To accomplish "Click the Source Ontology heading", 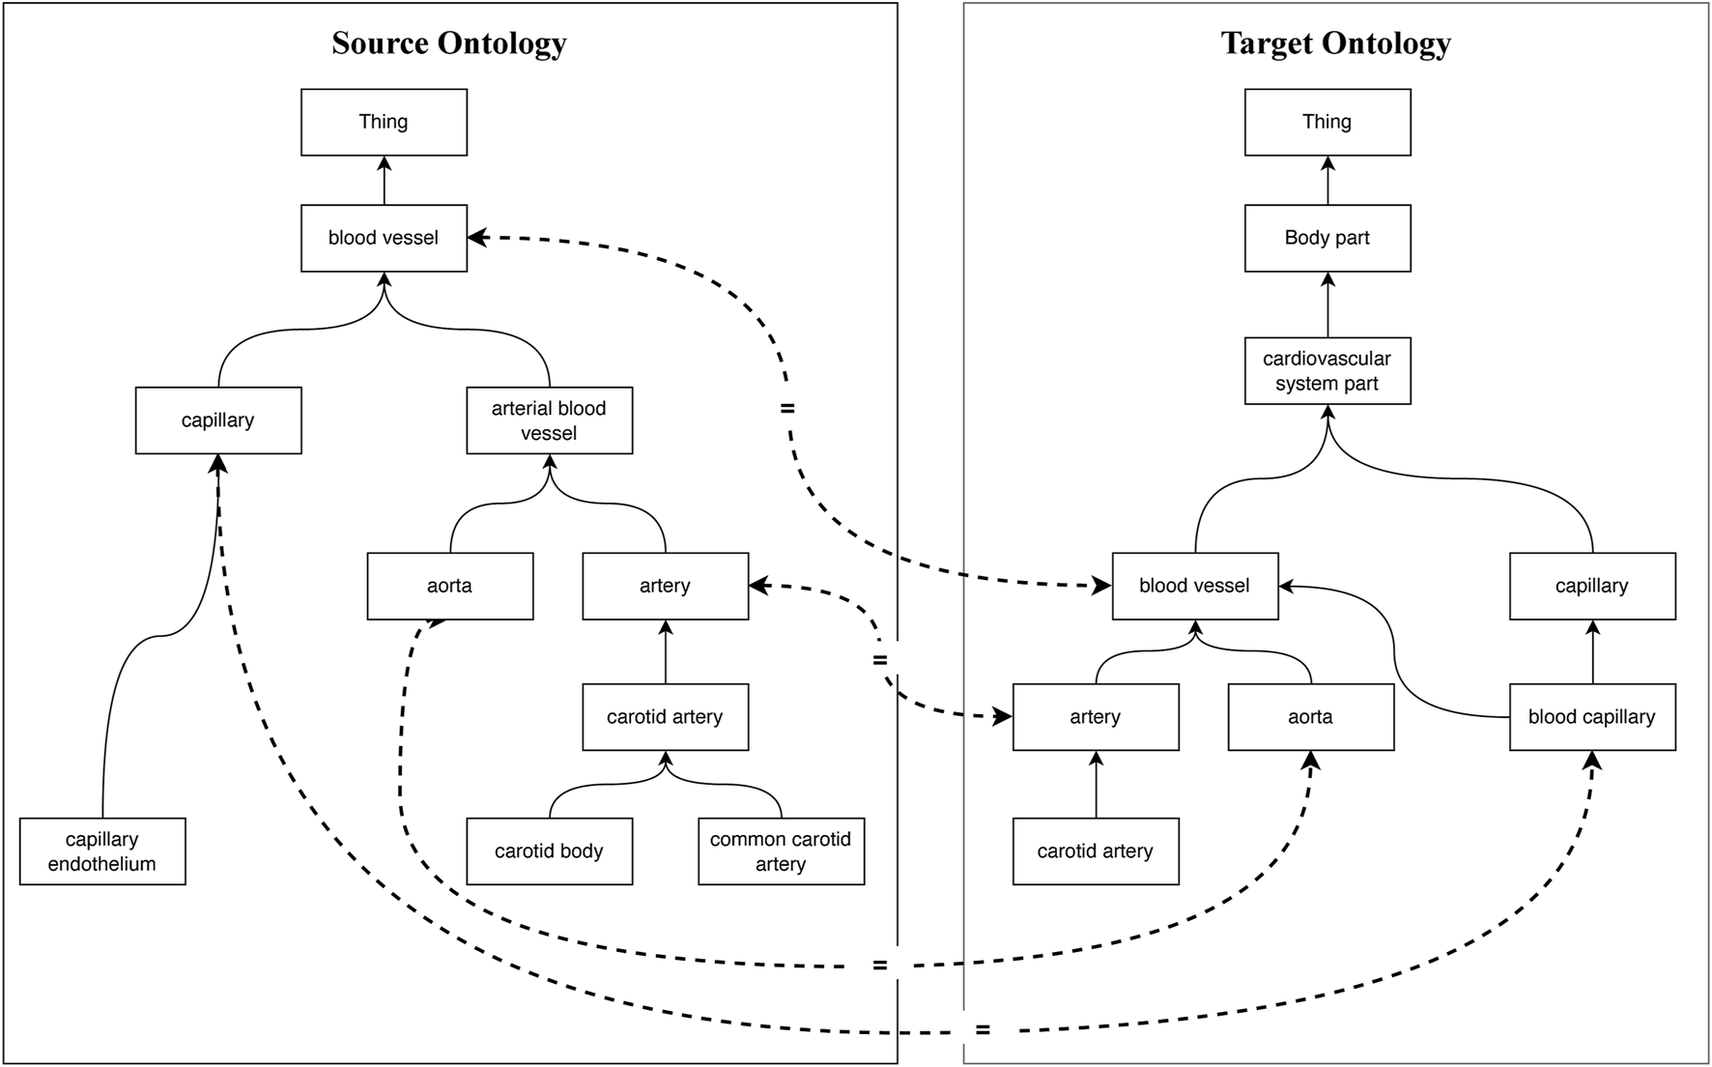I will coord(448,43).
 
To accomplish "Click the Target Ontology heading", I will coord(1335,43).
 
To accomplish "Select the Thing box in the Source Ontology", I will coord(384,122).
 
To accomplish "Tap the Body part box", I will coord(1327,238).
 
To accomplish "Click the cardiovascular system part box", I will coord(1327,370).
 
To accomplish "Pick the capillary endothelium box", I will coord(101,851).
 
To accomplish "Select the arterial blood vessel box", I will coord(549,420).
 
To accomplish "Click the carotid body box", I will coord(549,851).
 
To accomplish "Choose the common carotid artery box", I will coord(781,851).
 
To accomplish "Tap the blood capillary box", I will coord(1591,717).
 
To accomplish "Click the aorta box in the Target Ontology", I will coord(1310,717).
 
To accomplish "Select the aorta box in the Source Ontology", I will coord(449,586).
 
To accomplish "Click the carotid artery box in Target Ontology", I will coord(1095,851).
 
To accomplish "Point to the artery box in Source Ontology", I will coord(665,586).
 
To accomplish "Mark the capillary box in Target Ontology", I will coord(1591,586).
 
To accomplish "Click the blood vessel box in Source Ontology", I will coord(384,238).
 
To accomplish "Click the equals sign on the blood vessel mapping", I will coord(787,409).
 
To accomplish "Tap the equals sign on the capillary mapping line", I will coord(982,1030).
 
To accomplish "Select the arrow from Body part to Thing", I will coord(1327,181).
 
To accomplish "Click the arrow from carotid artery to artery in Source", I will coord(665,652).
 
